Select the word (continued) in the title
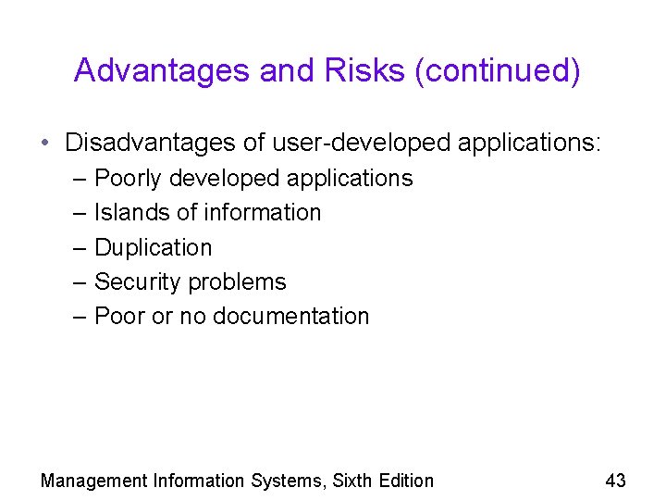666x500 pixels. (498, 70)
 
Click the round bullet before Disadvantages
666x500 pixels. (45, 144)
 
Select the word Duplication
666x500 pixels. (154, 247)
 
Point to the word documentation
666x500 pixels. (290, 316)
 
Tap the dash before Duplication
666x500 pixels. (80, 247)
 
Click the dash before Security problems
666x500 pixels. (80, 281)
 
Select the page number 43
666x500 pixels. (615, 481)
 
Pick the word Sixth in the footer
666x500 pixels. (354, 481)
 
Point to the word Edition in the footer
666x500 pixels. (407, 481)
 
